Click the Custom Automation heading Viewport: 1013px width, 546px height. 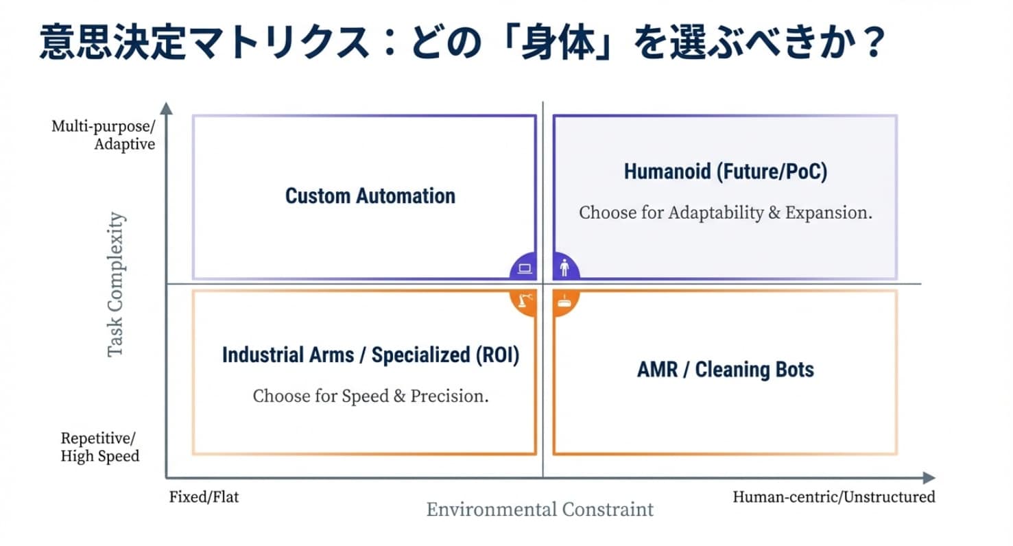370,196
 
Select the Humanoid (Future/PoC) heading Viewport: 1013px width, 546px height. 726,172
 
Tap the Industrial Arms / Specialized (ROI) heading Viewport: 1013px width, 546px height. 371,355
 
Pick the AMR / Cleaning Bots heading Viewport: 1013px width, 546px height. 726,370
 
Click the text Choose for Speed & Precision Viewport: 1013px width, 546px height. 371,396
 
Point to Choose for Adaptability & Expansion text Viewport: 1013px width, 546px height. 726,213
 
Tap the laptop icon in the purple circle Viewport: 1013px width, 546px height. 525,269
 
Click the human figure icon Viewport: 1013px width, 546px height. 564,268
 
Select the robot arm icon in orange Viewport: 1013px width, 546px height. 525,300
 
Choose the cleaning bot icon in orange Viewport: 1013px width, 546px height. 564,301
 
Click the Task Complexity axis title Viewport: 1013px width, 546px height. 116,284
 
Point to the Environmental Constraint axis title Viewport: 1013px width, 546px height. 540,510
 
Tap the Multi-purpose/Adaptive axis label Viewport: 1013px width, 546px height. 103,135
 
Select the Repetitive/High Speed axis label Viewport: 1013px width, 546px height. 100,447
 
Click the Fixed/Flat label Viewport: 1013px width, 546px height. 204,497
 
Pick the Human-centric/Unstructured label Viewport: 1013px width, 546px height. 834,497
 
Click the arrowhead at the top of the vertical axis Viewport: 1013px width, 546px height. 167,108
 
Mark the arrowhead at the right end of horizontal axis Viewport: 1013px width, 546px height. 929,477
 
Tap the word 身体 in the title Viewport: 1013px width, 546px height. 558,42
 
